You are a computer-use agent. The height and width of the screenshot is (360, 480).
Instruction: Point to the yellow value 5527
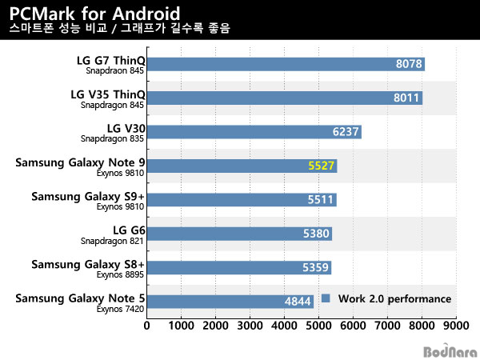pos(320,166)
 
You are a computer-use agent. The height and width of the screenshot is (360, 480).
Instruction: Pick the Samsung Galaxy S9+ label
pos(88,196)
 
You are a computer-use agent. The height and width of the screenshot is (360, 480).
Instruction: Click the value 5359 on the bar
pos(314,267)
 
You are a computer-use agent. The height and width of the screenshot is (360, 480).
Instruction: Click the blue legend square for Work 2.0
pos(326,298)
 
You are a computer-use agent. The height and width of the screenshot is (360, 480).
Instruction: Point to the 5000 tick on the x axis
pos(319,326)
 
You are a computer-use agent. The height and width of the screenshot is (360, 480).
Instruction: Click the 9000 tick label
pos(455,326)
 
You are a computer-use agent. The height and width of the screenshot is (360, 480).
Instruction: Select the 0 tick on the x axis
pos(147,326)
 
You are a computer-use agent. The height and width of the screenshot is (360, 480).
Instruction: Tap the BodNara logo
pos(449,350)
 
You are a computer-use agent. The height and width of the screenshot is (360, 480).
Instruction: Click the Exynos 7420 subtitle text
pos(121,308)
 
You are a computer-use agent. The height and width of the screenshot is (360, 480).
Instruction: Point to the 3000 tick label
pos(250,326)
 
